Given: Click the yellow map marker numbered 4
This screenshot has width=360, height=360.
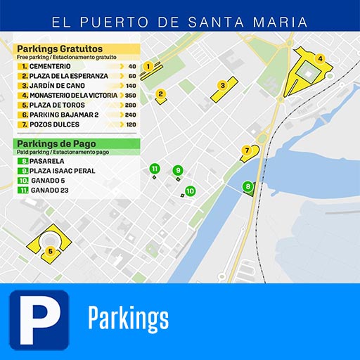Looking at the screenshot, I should (320, 59).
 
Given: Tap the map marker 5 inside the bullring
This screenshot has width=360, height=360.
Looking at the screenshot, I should (50, 250).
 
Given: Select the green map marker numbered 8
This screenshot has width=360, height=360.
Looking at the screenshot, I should (247, 186).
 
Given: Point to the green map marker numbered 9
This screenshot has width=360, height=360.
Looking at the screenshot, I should (178, 170).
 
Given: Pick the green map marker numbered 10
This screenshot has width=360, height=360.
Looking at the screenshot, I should (190, 191).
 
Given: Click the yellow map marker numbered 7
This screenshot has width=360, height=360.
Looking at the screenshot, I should (246, 150).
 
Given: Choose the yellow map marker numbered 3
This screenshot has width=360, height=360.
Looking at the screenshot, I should (222, 85).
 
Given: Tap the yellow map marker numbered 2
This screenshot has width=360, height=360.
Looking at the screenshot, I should (160, 93).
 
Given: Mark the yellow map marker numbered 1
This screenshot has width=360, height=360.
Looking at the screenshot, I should (148, 66).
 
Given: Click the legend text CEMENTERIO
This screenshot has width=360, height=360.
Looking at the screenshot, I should (51, 66).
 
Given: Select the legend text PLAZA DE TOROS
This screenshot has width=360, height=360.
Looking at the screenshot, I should (56, 105).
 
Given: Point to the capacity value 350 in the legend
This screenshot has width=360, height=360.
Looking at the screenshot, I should (130, 95).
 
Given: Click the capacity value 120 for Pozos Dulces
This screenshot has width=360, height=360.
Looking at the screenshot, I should (131, 124).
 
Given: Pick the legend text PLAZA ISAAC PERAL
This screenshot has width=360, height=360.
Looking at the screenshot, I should (63, 171).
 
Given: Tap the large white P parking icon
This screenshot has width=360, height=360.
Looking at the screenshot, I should (39, 320).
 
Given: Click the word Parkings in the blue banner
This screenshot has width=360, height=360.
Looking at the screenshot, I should (128, 319).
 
